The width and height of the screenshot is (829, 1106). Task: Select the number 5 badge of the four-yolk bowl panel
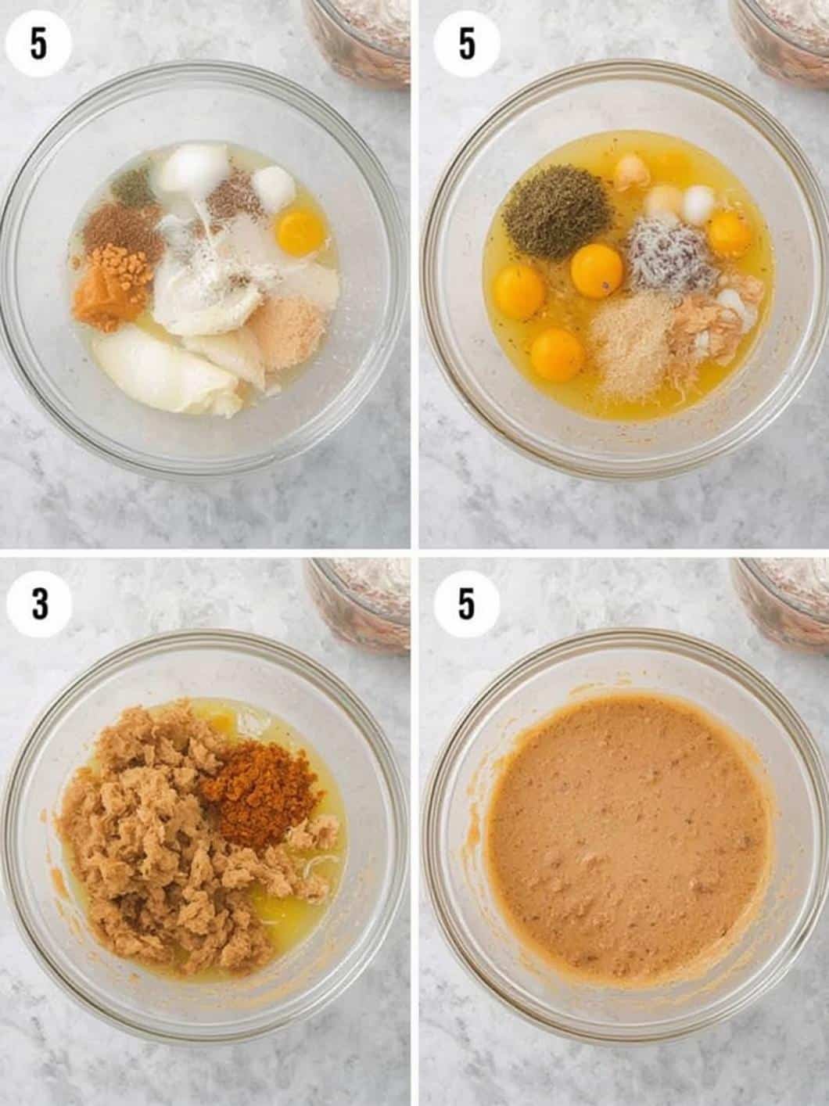[466, 45]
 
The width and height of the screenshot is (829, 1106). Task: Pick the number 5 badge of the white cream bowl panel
[39, 45]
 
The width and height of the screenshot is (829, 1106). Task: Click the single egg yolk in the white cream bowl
[300, 228]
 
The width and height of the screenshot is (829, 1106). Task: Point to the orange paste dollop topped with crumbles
[112, 288]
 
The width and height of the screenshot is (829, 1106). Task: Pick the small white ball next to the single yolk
[274, 188]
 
